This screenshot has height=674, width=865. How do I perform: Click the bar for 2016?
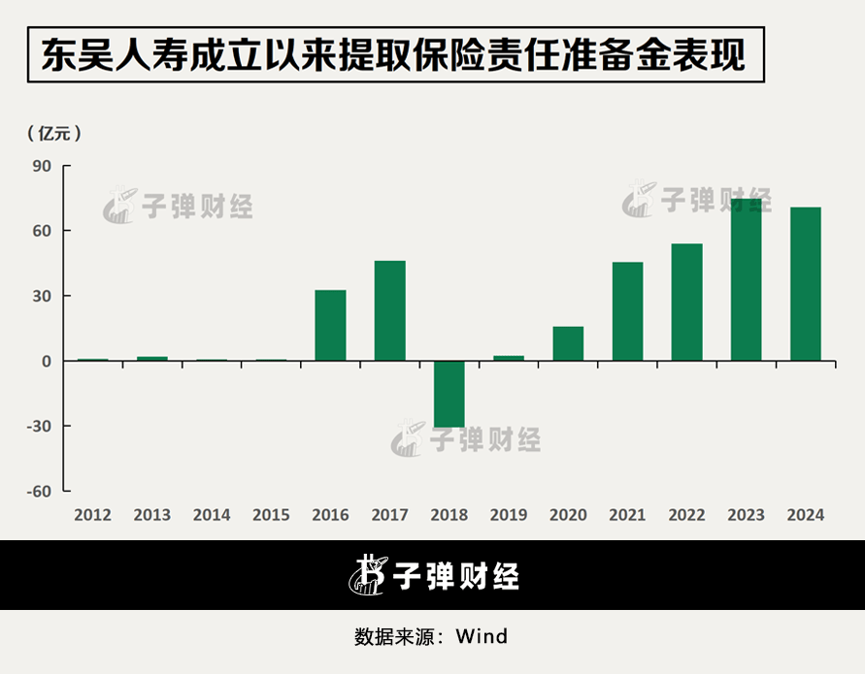click(x=330, y=326)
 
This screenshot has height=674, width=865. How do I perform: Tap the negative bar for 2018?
click(x=449, y=394)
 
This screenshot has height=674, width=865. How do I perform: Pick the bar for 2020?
click(x=568, y=343)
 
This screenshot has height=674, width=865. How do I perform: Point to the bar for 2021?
click(x=627, y=311)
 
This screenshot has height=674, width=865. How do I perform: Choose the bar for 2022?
click(x=686, y=303)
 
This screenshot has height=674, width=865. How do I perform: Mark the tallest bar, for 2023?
click(x=746, y=280)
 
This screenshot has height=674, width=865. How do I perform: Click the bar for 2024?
click(x=805, y=284)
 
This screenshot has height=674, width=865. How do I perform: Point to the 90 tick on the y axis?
click(x=42, y=166)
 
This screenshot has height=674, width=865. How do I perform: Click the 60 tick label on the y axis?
click(x=42, y=231)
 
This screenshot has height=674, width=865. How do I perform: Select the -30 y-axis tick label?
click(x=38, y=427)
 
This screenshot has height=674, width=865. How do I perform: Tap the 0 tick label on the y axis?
click(x=46, y=362)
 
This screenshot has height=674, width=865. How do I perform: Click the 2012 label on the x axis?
click(x=92, y=515)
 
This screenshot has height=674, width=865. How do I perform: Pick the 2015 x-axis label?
click(x=271, y=515)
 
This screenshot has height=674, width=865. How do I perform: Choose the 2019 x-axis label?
click(x=508, y=515)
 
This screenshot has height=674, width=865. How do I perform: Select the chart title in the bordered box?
click(x=393, y=55)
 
